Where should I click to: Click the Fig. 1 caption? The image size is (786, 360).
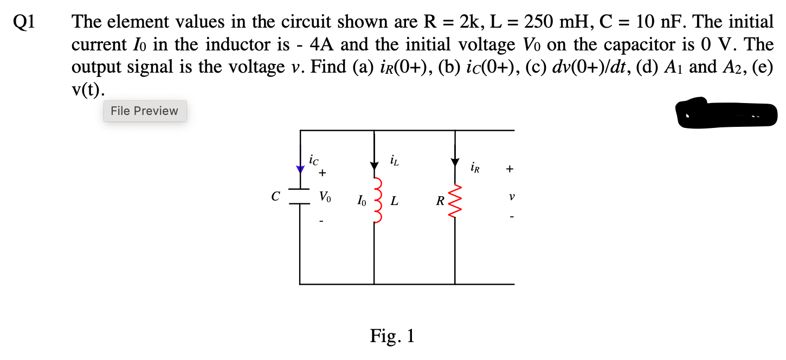pos(392,336)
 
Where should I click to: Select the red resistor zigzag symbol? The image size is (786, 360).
pos(455,201)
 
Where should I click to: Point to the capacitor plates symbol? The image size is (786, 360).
pos(299,197)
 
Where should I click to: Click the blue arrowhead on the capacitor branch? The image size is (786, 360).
pos(300,170)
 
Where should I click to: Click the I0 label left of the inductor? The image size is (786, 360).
pos(362,202)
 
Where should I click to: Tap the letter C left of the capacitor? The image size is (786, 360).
pos(276,197)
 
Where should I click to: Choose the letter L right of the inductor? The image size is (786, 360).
pos(394,202)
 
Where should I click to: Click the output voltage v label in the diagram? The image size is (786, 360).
pos(511,197)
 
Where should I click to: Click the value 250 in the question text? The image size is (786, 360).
pos(540,22)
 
